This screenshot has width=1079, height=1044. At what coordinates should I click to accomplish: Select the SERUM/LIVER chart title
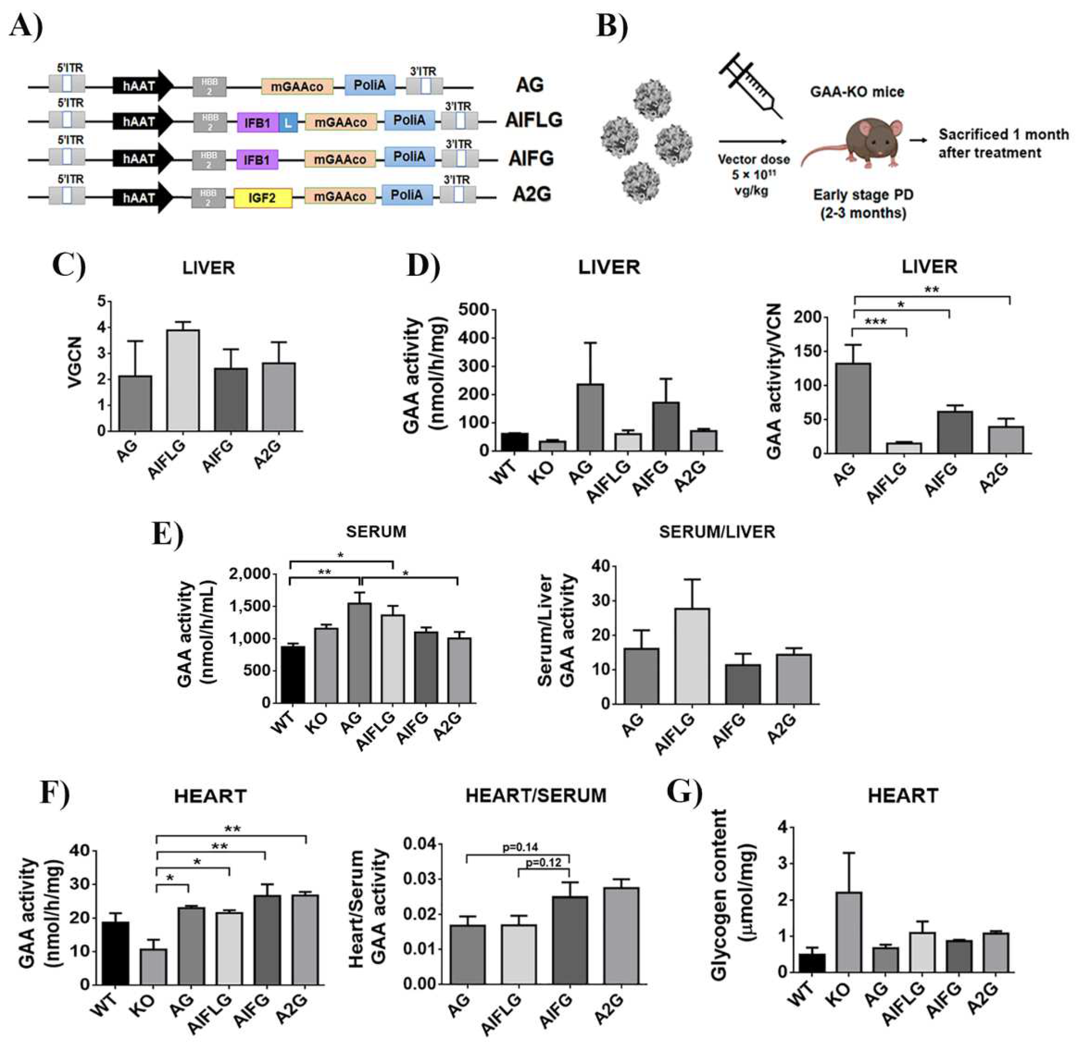tap(717, 532)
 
